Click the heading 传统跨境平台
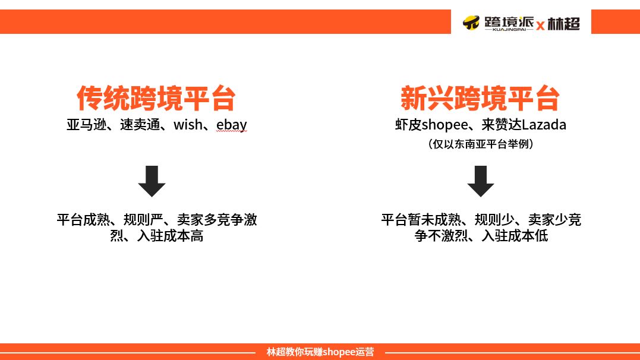click(x=156, y=98)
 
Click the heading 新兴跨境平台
click(x=480, y=98)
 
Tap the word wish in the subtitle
click(x=188, y=125)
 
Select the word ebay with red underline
click(x=231, y=125)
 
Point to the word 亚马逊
click(x=87, y=125)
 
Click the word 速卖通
click(x=140, y=125)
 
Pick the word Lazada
click(x=544, y=125)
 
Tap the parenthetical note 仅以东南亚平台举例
click(x=480, y=144)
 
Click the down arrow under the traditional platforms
click(x=152, y=181)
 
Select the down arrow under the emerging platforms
click(x=480, y=181)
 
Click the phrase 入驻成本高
click(x=170, y=236)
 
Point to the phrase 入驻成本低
click(x=515, y=236)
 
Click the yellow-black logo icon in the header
click(x=471, y=23)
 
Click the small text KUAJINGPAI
click(x=509, y=29)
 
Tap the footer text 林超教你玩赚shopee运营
click(x=320, y=352)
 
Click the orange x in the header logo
click(x=540, y=26)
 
